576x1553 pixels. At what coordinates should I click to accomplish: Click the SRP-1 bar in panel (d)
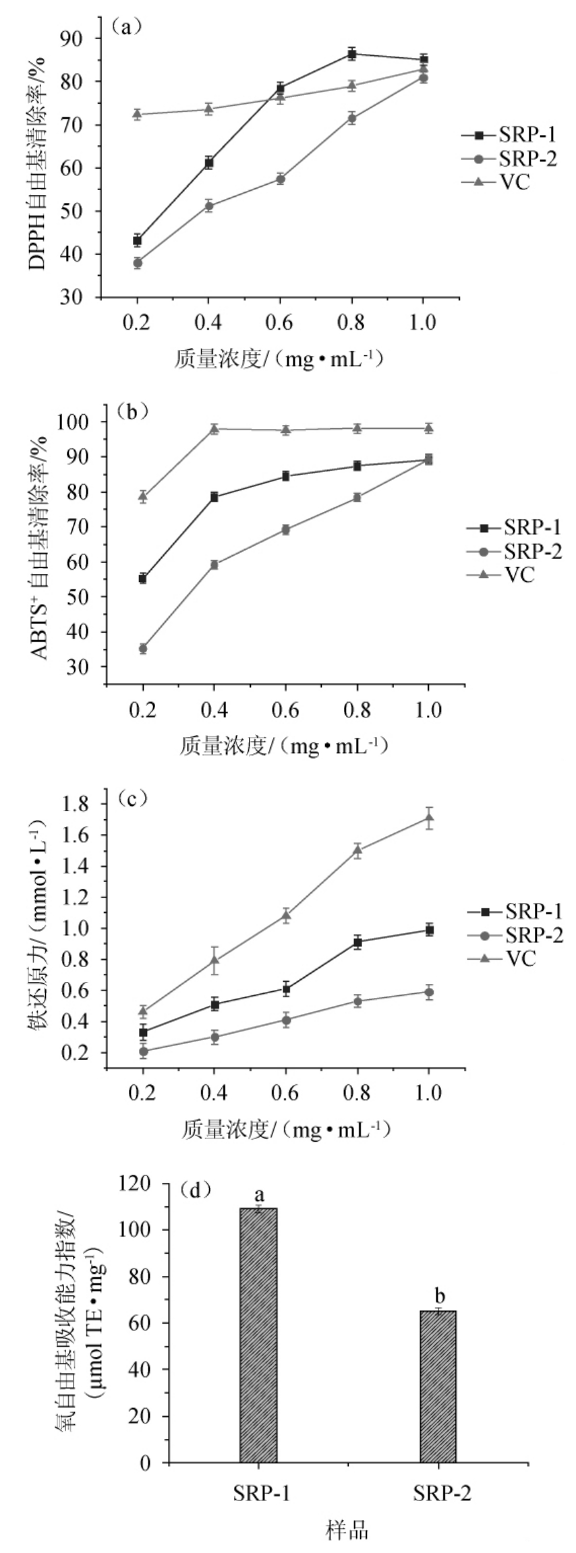[x=258, y=1335]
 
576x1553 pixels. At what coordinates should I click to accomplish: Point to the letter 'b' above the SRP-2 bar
[x=439, y=1295]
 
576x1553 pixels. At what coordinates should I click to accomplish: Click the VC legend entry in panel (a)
[x=513, y=181]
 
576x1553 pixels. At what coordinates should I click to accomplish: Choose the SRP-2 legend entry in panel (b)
[x=532, y=552]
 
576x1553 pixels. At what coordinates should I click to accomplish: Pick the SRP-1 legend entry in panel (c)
[x=533, y=912]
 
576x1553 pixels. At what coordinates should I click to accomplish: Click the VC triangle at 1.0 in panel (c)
[x=429, y=819]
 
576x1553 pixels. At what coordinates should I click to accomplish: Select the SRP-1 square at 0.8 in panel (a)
[x=351, y=53]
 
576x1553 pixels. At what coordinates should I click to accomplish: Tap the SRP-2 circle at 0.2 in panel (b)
[x=143, y=649]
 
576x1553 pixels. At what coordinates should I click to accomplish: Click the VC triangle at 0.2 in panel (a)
[x=137, y=114]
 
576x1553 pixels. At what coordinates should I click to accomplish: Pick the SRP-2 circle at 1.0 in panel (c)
[x=429, y=992]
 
